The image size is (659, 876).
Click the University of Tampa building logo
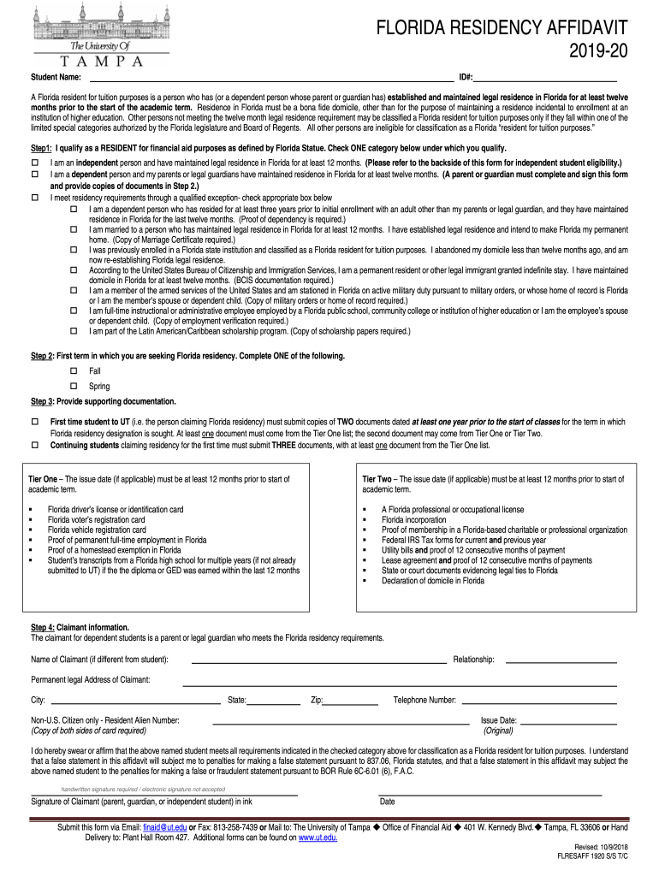coord(86,22)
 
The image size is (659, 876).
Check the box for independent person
coord(35,163)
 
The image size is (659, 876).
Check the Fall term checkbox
coord(73,371)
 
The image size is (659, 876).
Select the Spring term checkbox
coord(73,386)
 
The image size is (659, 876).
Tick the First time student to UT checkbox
coord(35,422)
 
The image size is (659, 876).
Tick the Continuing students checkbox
coord(35,445)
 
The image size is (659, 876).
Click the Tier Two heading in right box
coord(377,479)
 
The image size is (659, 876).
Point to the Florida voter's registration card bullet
coord(96,519)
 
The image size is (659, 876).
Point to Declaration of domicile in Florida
coord(433,580)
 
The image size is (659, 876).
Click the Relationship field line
coord(561,660)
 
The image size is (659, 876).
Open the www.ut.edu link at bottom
coord(318,838)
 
